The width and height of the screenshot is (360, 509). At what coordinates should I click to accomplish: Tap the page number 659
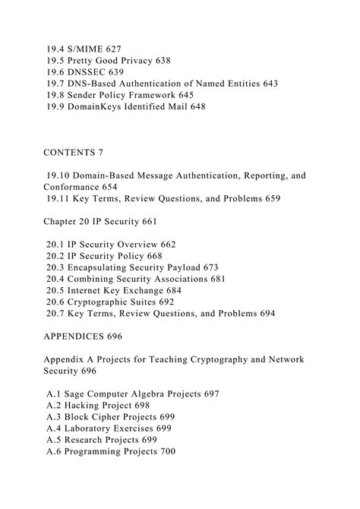[x=270, y=198]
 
